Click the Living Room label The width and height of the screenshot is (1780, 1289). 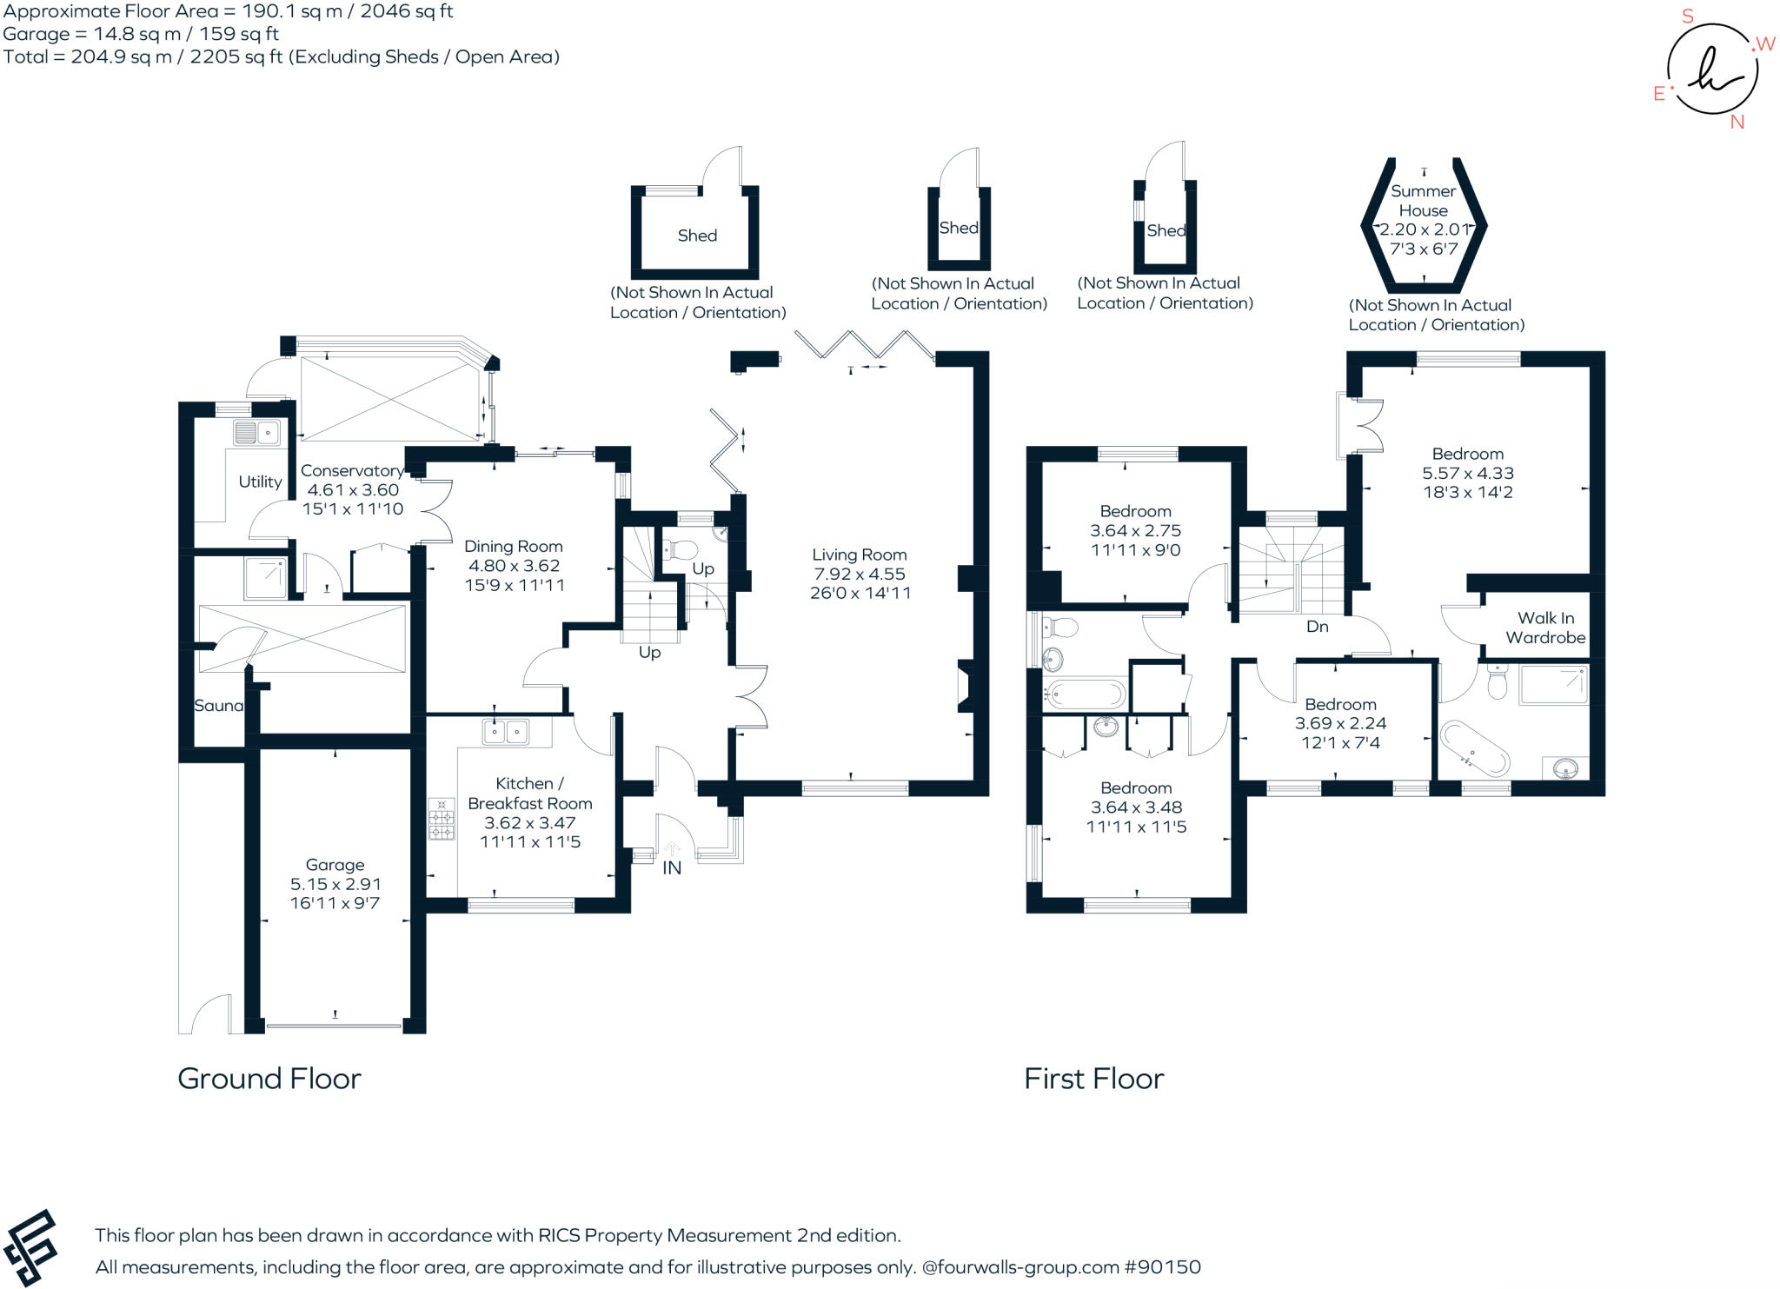859,555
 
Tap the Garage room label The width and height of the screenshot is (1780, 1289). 335,865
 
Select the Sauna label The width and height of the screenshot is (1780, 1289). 218,706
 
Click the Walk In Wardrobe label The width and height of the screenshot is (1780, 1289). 1545,628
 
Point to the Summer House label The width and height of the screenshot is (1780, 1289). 1423,201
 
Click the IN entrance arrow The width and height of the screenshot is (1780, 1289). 672,849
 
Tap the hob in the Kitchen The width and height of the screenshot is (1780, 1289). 442,819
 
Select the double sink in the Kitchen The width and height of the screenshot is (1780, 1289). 505,731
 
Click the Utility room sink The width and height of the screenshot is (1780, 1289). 256,432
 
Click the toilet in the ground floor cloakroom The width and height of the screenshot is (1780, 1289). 680,549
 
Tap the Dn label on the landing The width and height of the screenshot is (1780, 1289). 1317,626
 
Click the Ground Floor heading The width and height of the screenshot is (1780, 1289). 269,1079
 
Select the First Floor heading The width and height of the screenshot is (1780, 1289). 1093,1079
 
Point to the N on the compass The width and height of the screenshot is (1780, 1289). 1737,123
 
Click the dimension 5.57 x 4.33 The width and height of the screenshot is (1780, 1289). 1467,473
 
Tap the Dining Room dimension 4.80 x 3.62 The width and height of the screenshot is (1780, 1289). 514,566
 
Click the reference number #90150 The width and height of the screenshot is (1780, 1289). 1162,1267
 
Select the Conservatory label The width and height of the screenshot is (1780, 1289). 351,470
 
